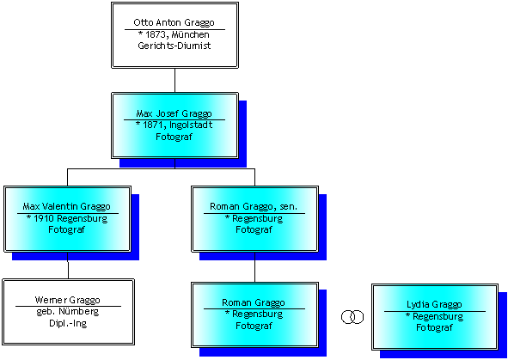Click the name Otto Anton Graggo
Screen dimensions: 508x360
[174, 22]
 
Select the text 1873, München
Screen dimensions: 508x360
[177, 34]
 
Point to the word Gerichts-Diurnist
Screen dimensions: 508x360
[174, 46]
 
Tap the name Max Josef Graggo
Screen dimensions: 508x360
[174, 113]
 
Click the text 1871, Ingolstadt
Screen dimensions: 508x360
[178, 125]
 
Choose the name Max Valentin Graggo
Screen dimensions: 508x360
[67, 206]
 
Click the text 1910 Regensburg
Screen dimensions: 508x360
[70, 218]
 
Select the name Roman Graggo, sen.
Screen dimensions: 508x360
[254, 206]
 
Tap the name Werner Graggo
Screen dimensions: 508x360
[67, 300]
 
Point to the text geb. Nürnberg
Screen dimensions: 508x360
[67, 311]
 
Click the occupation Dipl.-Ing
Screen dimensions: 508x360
[68, 323]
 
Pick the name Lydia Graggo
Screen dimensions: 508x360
[434, 305]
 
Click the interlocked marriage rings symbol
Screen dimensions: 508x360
[352, 317]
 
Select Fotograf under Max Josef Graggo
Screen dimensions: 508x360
[174, 137]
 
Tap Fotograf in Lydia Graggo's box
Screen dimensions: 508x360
[434, 327]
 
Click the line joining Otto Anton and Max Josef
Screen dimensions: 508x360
[175, 80]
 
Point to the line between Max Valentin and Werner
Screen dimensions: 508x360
[68, 265]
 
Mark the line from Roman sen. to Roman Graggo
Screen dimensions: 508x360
[254, 267]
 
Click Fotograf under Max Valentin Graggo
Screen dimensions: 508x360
[66, 229]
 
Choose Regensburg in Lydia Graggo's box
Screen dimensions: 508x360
[438, 316]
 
